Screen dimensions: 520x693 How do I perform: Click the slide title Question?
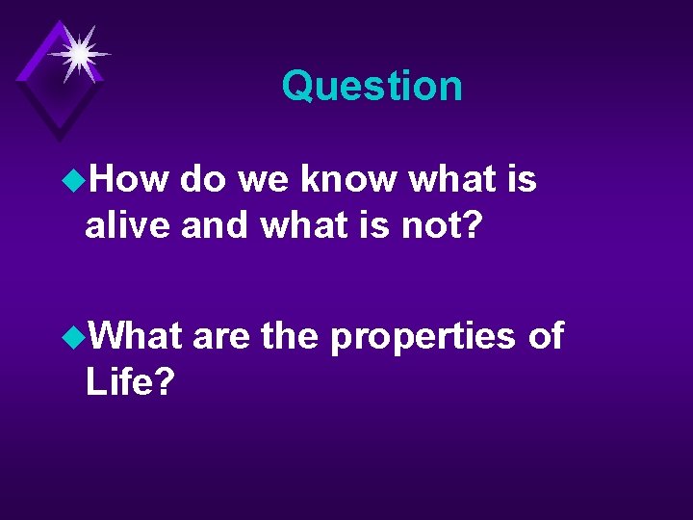click(x=372, y=87)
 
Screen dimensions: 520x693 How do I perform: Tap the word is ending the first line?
click(x=521, y=178)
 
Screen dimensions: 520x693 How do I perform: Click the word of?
click(x=546, y=335)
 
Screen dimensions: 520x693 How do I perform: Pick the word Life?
click(x=129, y=382)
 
